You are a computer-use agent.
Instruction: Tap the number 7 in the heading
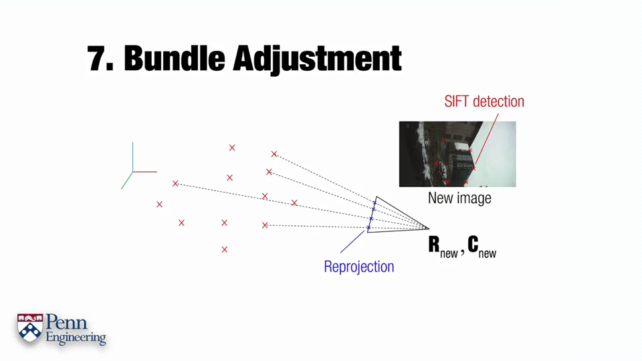99,59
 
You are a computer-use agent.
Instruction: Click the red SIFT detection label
484,102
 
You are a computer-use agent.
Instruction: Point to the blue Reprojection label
358,267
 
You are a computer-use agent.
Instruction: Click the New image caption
459,199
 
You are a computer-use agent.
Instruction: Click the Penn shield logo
30,328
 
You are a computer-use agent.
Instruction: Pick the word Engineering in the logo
76,338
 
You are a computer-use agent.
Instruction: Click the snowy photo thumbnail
457,154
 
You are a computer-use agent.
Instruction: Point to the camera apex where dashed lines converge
428,229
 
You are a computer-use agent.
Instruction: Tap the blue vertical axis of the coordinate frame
132,156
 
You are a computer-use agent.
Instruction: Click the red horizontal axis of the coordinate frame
145,172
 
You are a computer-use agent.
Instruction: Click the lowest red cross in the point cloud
225,249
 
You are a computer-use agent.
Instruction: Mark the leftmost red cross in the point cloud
159,204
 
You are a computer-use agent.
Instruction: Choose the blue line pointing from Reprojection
352,241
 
